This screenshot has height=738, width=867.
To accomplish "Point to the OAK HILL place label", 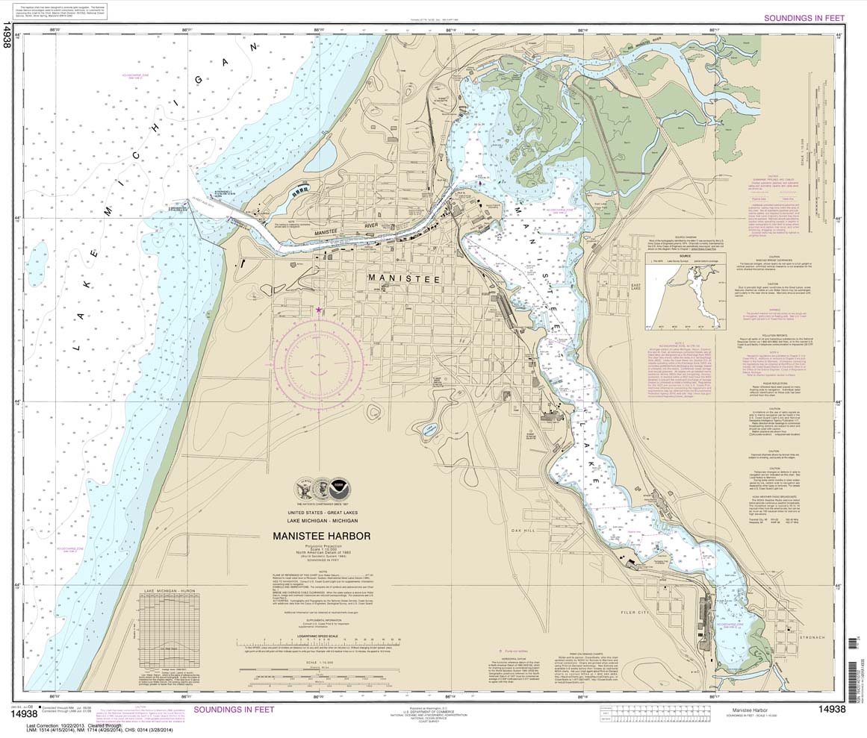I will coord(524,530).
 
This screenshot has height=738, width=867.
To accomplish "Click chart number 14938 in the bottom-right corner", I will coord(831,709).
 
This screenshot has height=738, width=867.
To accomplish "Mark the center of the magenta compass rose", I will coord(319,361).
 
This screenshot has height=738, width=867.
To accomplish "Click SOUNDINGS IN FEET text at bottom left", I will coord(234,709).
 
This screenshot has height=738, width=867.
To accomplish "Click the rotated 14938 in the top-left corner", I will coord(8,36).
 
